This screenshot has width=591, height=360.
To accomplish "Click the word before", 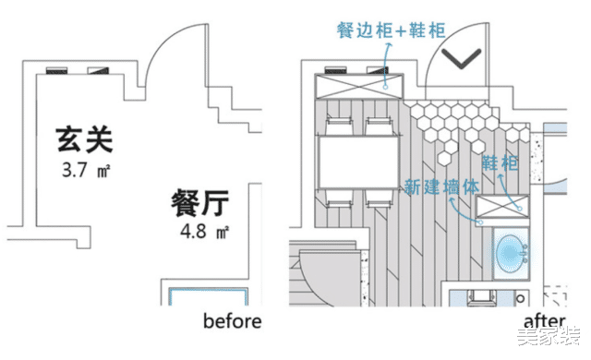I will pyautogui.click(x=233, y=321).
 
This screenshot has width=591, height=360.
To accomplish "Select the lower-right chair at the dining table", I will pyautogui.click(x=378, y=198).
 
